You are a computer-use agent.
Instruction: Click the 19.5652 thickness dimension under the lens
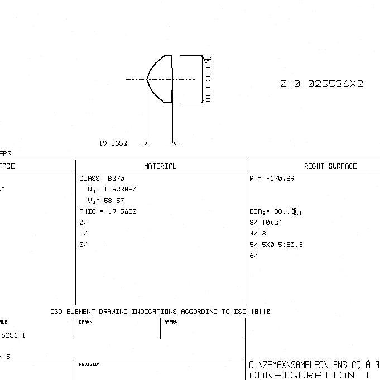[x=113, y=143]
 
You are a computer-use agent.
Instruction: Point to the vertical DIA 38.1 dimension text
[x=209, y=79]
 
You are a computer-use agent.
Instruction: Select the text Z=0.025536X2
[x=321, y=84]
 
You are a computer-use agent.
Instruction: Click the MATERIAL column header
[x=160, y=166]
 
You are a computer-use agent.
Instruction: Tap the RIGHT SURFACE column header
[x=330, y=166]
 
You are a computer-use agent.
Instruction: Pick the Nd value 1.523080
[x=112, y=190]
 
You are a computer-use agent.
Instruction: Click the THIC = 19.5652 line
[x=108, y=211]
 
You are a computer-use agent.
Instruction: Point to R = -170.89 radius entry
[x=272, y=179]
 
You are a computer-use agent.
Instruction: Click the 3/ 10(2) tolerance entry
[x=266, y=223]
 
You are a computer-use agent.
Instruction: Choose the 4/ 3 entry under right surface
[x=258, y=234]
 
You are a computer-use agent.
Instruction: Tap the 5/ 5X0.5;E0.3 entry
[x=276, y=244]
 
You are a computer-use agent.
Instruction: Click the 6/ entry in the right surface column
[x=253, y=256]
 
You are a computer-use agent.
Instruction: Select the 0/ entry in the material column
[x=83, y=223]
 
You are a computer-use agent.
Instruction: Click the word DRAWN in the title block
[x=85, y=322]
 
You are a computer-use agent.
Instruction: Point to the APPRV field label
[x=171, y=322]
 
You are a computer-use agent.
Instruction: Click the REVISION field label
[x=89, y=364]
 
